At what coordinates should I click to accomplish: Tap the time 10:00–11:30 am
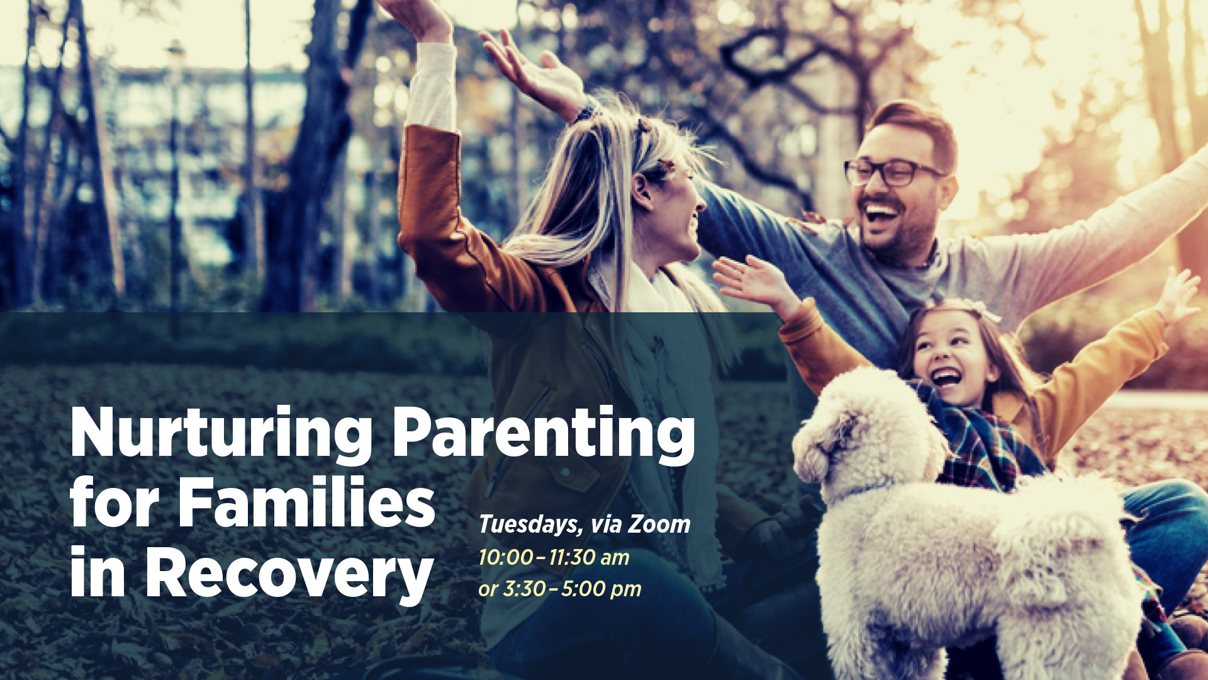(554, 557)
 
